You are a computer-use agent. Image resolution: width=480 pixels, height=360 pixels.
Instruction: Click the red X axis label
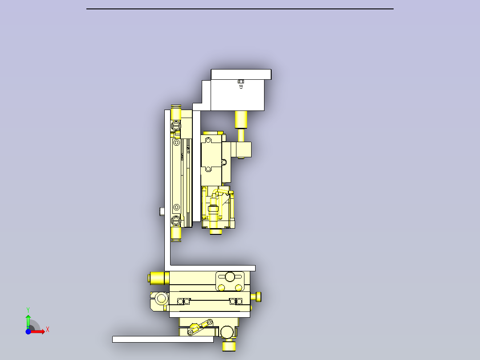pos(48,330)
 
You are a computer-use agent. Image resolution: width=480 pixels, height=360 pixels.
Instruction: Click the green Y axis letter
pos(28,309)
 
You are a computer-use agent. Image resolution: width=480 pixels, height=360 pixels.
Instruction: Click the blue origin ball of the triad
pos(28,331)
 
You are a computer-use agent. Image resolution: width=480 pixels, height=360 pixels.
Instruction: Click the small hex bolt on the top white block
pos(241,82)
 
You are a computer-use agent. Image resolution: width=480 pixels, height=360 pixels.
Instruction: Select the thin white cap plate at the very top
pos(241,74)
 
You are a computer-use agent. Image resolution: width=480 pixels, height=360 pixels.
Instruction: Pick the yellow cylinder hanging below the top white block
pos(241,119)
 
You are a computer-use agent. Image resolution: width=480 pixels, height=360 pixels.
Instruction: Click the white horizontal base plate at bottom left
pos(163,339)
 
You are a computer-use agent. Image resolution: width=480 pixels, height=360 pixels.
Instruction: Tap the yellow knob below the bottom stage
pos(229,345)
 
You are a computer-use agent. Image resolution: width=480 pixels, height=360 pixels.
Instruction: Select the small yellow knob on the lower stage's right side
pos(258,296)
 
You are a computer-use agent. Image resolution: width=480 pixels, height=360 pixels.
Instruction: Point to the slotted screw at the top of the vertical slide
pos(176,125)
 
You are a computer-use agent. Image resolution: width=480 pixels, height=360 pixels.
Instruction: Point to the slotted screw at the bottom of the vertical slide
pos(176,220)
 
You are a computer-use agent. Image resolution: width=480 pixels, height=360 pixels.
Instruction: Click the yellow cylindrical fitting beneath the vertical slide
pos(176,233)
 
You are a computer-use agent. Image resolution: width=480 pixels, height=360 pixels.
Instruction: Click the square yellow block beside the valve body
pos(243,150)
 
